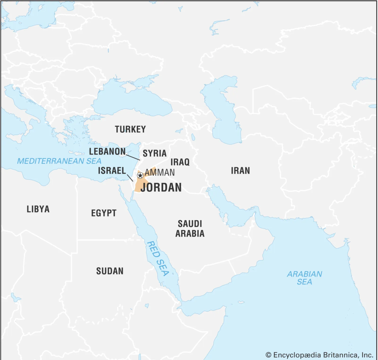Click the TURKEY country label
coord(130,129)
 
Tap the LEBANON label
coord(107,151)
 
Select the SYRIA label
coord(155,153)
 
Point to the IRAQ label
coord(180,162)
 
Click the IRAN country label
coord(240,170)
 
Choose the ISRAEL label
coord(112,171)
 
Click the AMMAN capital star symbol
coord(140,176)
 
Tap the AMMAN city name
coord(159,173)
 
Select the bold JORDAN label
coord(161,187)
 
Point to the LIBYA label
coord(38,209)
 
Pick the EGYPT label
coord(104,213)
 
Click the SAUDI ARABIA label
coord(190,228)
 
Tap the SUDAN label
coord(110,271)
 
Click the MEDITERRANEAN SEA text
coord(59,161)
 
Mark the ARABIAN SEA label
coord(305,278)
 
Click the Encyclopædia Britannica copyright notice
coord(320,355)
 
